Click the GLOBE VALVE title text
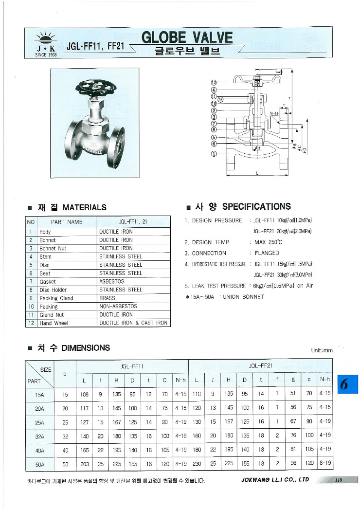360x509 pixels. click(187, 37)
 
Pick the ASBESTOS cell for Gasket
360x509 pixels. click(111, 281)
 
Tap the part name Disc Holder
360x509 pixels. click(53, 290)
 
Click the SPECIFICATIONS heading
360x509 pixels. click(256, 206)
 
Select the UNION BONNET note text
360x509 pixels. click(243, 297)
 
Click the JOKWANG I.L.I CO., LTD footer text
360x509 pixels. click(275, 479)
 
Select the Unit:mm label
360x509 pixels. click(322, 350)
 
